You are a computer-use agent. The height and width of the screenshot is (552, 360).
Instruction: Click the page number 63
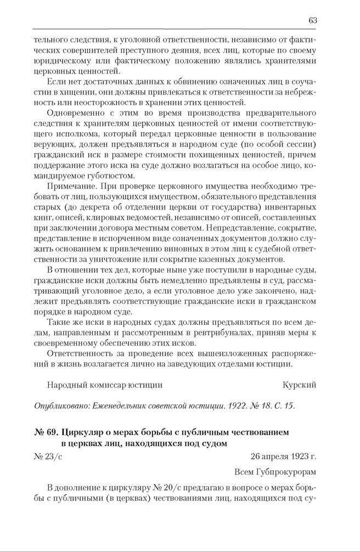tap(312, 20)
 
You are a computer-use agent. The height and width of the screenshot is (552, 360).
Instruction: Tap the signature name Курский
tap(299, 385)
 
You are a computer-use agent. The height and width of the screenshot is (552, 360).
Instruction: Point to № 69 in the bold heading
tap(44, 433)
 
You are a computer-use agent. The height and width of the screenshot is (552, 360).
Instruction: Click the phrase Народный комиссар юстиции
tap(105, 385)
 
